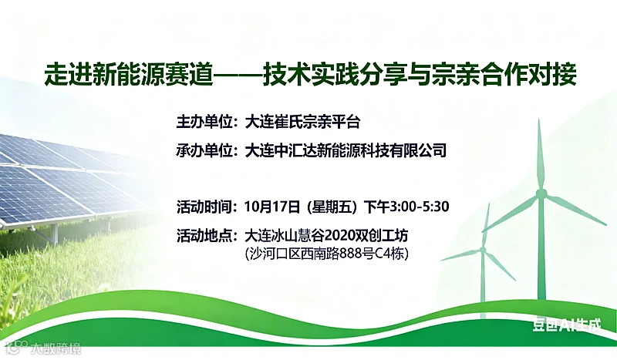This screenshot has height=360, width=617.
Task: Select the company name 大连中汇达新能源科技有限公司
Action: (x=345, y=150)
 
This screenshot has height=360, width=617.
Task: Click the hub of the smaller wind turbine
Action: (x=484, y=250)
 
